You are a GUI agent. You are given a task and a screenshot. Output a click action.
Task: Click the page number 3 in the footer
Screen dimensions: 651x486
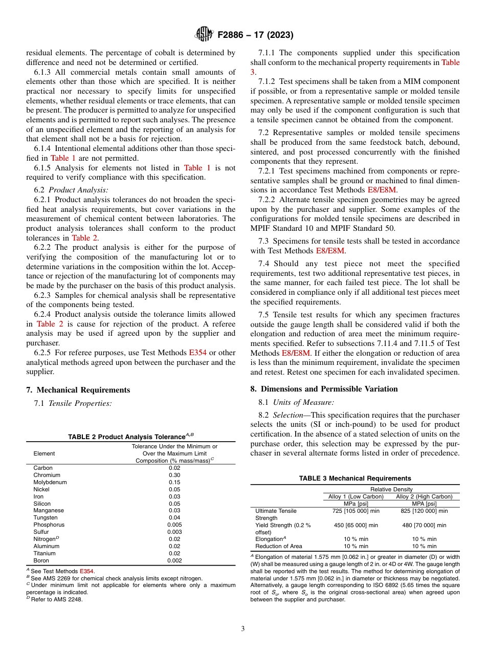click(242, 628)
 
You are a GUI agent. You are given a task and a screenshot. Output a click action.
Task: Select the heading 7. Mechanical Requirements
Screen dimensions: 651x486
click(78, 390)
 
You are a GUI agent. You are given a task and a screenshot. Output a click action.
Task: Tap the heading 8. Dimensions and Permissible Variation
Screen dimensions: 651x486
click(324, 389)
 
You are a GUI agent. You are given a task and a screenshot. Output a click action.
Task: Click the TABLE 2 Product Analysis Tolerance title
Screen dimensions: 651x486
click(130, 437)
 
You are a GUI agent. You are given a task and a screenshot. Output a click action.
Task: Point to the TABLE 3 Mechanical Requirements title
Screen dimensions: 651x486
click(355, 479)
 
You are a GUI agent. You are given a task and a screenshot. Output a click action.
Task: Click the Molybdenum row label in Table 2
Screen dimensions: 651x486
click(50, 482)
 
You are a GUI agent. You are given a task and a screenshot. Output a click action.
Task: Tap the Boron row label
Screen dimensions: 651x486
click(41, 560)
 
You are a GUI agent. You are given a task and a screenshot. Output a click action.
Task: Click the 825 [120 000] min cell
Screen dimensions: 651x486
click(424, 511)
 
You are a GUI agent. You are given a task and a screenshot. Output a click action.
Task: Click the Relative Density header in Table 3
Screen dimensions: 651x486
click(391, 490)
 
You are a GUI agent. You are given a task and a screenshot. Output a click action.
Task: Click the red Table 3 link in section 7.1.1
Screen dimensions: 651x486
click(450, 62)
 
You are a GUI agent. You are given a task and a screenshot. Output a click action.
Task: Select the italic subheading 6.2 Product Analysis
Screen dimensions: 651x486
click(71, 190)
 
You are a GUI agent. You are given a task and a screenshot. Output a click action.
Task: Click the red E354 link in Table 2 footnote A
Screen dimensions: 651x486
click(86, 571)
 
